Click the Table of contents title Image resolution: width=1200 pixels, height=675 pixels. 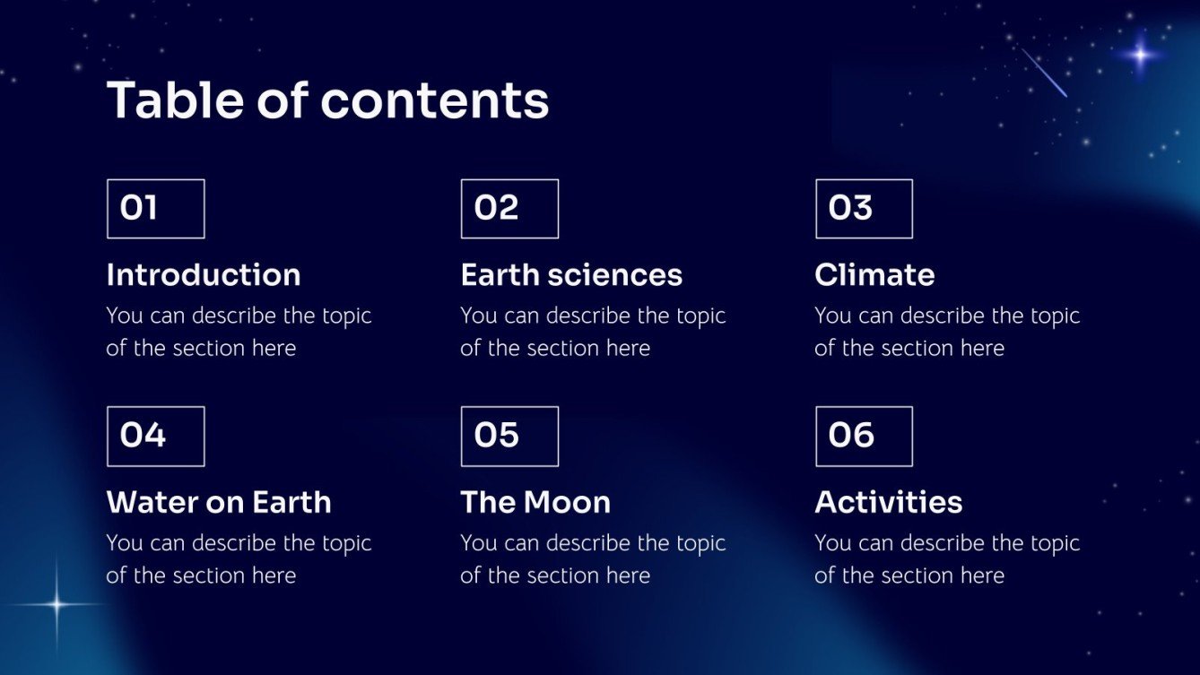[x=327, y=100]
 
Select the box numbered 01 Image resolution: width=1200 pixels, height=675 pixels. [x=155, y=209]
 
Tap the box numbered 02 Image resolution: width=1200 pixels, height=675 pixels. [x=509, y=209]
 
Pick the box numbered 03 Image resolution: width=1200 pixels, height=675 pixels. [x=864, y=209]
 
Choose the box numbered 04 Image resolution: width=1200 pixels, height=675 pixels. [x=155, y=437]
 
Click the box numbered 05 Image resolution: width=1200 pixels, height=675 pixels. [x=509, y=437]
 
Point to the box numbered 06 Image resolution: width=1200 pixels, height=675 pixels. [x=864, y=437]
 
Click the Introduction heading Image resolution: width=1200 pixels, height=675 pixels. [x=204, y=275]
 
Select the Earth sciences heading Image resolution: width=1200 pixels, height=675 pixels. [x=571, y=275]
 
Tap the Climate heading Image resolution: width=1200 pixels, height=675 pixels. [x=874, y=275]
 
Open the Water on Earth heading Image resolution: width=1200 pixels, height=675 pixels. [x=219, y=503]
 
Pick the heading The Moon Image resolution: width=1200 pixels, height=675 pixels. [x=535, y=503]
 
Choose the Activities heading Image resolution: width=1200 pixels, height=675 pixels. [x=888, y=503]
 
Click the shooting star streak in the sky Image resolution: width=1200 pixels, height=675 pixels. [x=1045, y=73]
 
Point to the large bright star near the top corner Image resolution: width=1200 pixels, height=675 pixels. [x=1140, y=55]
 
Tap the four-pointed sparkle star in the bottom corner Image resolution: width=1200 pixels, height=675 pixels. [x=57, y=605]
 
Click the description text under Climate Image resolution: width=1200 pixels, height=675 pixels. [x=946, y=332]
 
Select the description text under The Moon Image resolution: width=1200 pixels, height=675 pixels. [x=592, y=559]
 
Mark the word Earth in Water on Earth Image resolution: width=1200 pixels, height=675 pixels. [x=291, y=503]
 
